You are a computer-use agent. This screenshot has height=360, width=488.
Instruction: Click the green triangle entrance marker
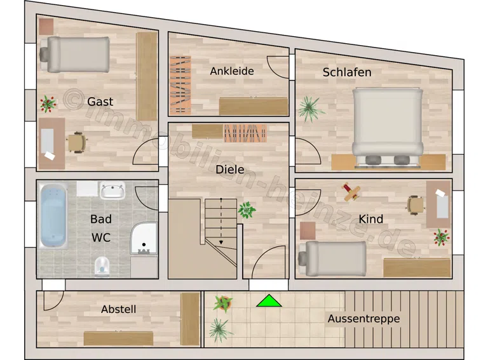pyautogui.click(x=269, y=301)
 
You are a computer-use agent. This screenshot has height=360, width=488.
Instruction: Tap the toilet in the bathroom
pyautogui.click(x=102, y=267)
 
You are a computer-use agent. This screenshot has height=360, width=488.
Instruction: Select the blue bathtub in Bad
pyautogui.click(x=53, y=216)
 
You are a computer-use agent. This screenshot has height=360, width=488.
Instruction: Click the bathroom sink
pyautogui.click(x=112, y=190)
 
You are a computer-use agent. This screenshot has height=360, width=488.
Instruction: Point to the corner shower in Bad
pyautogui.click(x=144, y=238)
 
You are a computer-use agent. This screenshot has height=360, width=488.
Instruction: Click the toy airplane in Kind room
pyautogui.click(x=351, y=191)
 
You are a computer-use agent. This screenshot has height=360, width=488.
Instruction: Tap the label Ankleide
pyautogui.click(x=232, y=71)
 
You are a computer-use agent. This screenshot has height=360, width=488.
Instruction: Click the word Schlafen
pyautogui.click(x=347, y=72)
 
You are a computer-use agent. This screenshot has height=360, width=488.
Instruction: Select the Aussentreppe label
pyautogui.click(x=364, y=319)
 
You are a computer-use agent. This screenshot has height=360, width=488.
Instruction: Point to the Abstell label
pyautogui.click(x=119, y=309)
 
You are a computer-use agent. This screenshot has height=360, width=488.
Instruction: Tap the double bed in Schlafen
pyautogui.click(x=388, y=127)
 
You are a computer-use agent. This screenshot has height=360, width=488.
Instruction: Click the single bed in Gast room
pyautogui.click(x=75, y=55)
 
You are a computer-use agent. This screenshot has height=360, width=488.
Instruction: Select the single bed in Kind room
pyautogui.click(x=332, y=258)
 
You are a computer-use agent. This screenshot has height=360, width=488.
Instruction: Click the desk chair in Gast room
pyautogui.click(x=76, y=142)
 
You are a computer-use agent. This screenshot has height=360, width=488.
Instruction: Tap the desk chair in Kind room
pyautogui.click(x=416, y=205)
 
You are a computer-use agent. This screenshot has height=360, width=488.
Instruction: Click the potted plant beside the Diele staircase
pyautogui.click(x=247, y=210)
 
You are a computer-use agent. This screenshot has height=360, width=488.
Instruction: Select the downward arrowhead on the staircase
pyautogui.click(x=221, y=241)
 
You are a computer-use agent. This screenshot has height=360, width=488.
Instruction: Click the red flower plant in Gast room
pyautogui.click(x=48, y=104)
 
